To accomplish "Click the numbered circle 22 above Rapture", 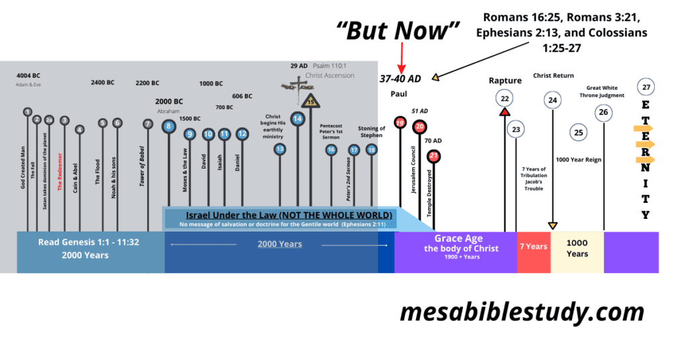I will click(x=504, y=98).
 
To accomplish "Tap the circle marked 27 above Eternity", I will click(x=646, y=87).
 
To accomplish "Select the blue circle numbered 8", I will click(x=169, y=126).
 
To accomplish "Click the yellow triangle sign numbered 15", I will click(x=310, y=101).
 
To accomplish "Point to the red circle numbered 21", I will click(x=433, y=157).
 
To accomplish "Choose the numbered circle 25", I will click(x=579, y=132).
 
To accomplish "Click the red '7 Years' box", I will click(x=533, y=246).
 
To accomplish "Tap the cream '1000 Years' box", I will click(x=577, y=249).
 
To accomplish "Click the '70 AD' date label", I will click(x=433, y=141).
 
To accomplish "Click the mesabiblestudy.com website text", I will click(x=522, y=312).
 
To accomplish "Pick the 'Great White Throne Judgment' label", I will click(x=602, y=92).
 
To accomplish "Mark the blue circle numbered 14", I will click(x=298, y=119).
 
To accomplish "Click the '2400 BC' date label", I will click(x=102, y=83).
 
